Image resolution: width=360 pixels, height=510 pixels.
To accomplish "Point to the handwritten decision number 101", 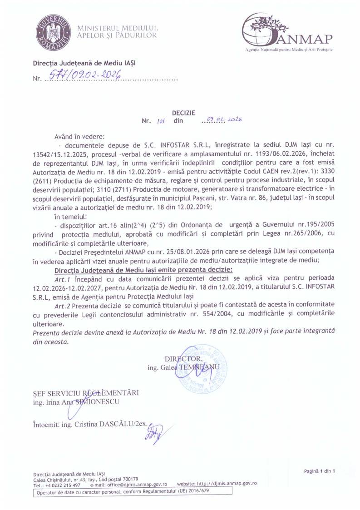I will (159, 121).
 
